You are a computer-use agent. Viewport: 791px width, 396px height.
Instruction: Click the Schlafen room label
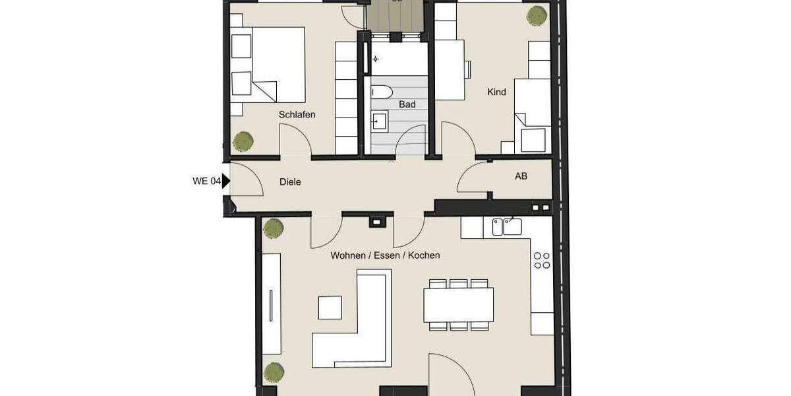(x=297, y=114)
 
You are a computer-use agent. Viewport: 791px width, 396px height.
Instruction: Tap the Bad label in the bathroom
(x=407, y=104)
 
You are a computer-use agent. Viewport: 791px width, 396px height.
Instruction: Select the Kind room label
(x=496, y=92)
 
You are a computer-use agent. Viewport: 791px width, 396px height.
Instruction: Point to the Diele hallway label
(x=290, y=181)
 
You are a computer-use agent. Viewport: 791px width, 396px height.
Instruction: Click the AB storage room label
(x=521, y=176)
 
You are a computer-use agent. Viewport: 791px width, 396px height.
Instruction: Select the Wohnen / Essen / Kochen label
(x=385, y=255)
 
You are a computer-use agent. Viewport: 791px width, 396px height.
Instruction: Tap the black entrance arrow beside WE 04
(x=226, y=181)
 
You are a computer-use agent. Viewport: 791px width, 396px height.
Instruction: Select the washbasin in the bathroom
(x=380, y=121)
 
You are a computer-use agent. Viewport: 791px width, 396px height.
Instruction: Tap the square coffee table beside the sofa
(x=330, y=308)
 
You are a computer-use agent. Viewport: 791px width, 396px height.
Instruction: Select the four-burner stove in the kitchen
(x=542, y=260)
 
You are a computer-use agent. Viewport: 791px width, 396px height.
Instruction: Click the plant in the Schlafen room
(x=243, y=141)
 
